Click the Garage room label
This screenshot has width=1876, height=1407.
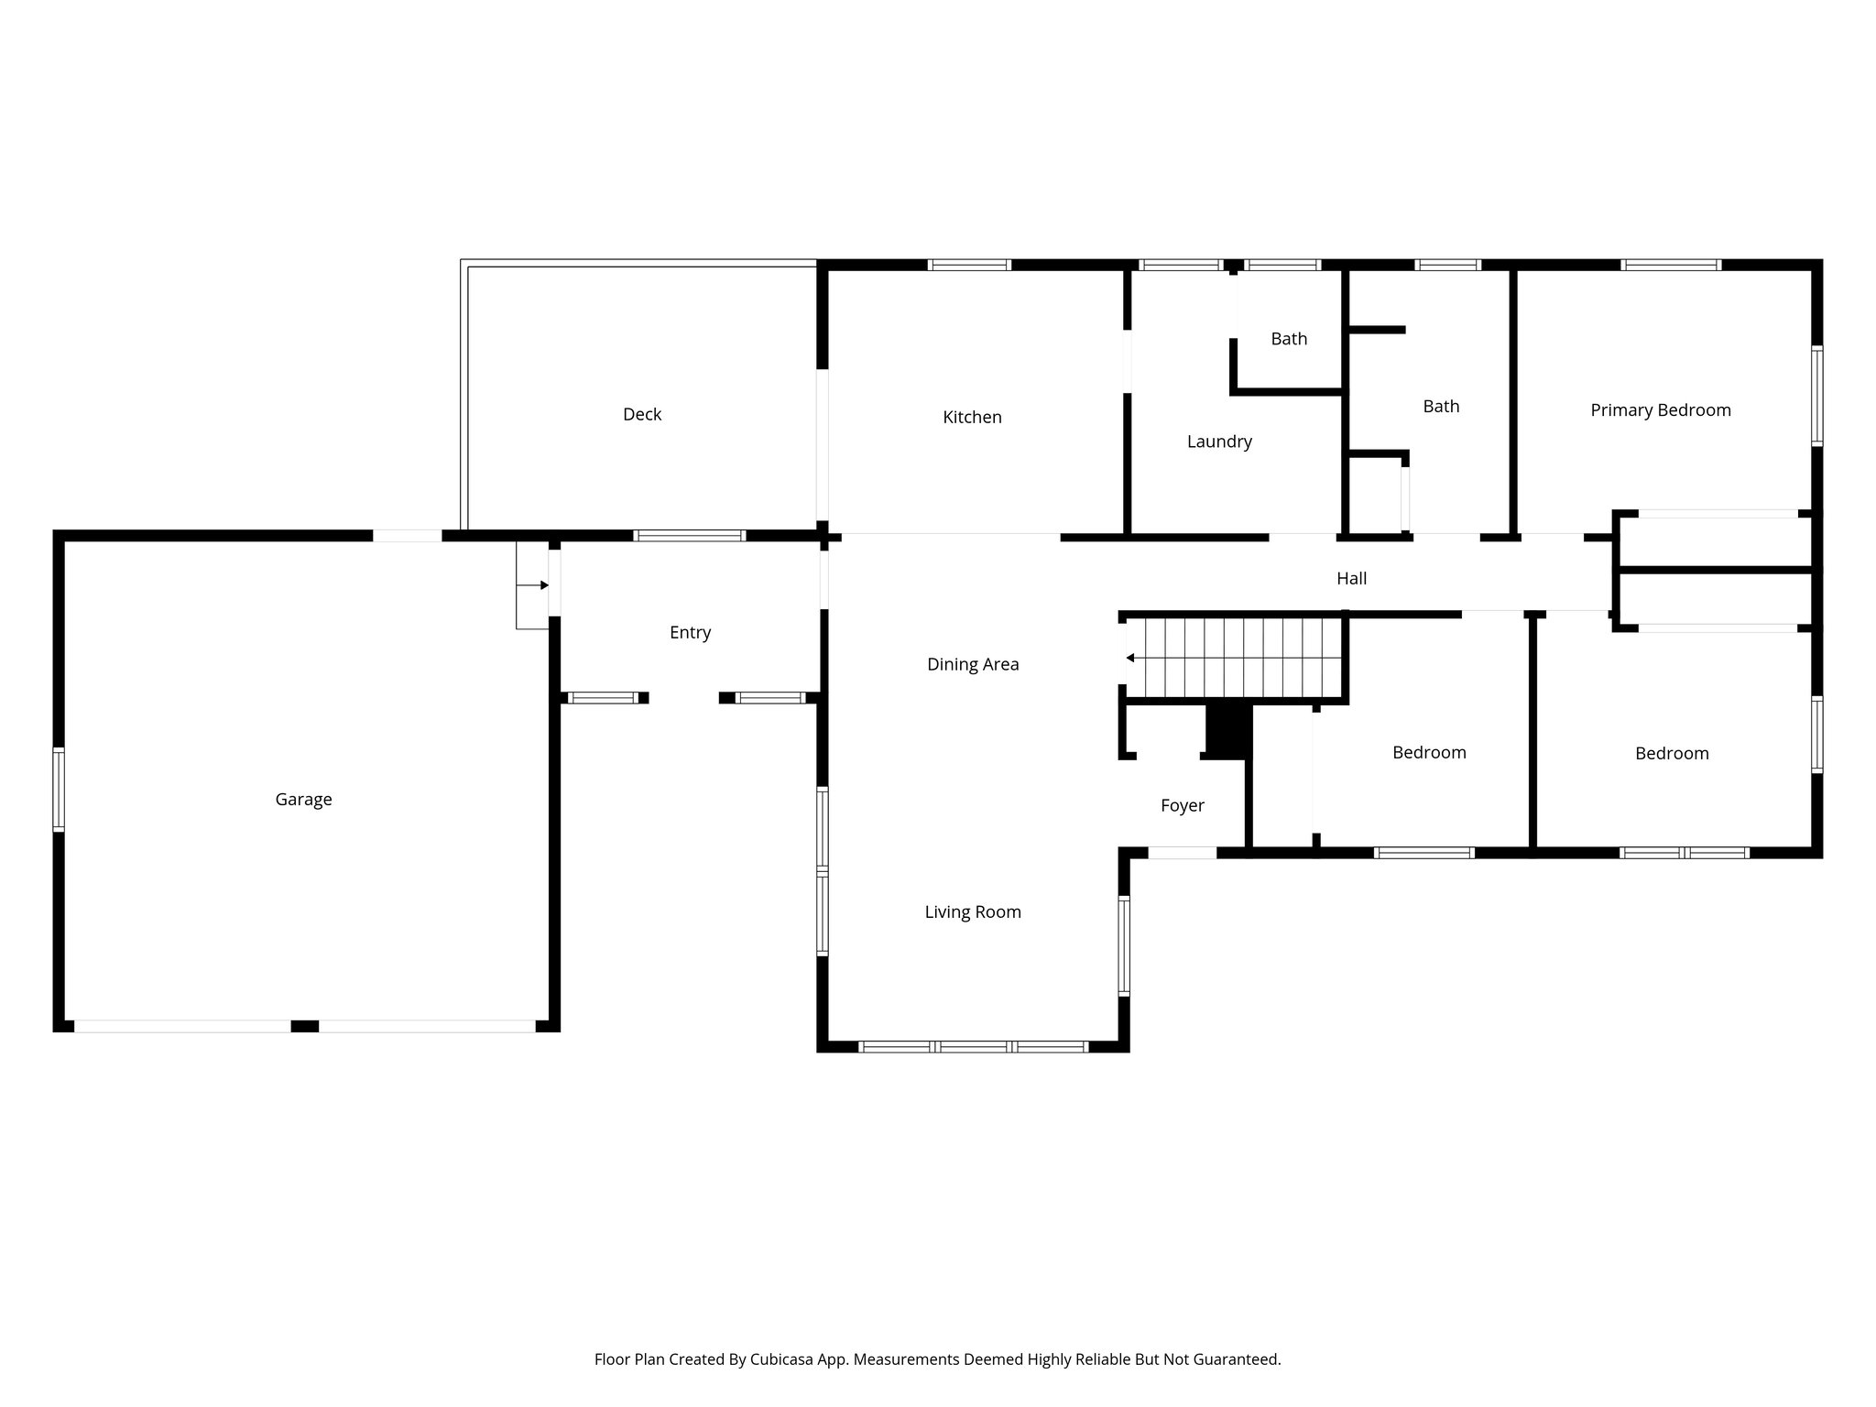pos(303,800)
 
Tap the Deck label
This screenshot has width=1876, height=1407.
pos(642,415)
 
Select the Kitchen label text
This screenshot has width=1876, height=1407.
pos(972,418)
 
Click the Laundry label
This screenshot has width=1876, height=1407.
pos(1219,442)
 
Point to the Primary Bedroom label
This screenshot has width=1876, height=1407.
pos(1660,410)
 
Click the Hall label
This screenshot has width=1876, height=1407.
pos(1351,579)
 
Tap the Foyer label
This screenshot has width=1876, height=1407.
pos(1182,806)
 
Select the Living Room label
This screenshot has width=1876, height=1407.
pos(972,912)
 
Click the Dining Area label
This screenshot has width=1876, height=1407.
pos(972,665)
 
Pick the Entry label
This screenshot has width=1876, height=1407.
pos(690,633)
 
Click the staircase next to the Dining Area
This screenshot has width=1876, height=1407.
pos(1237,658)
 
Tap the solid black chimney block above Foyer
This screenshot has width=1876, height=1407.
pos(1228,731)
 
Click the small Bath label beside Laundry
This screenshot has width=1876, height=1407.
pos(1288,339)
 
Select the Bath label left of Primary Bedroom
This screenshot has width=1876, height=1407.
pos(1440,407)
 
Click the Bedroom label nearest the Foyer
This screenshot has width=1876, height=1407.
pos(1429,753)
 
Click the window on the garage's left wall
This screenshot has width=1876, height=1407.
pos(59,789)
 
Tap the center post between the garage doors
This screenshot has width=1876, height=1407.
pos(304,1027)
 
